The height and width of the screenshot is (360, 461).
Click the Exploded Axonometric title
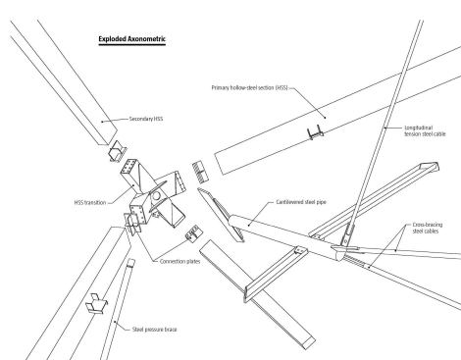pyautogui.click(x=132, y=39)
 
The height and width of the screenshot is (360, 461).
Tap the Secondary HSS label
pyautogui.click(x=146, y=119)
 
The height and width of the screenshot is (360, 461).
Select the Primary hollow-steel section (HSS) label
pyautogui.click(x=250, y=87)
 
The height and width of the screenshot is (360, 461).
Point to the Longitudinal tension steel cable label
pyautogui.click(x=425, y=130)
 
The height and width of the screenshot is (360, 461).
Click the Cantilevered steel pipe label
pyautogui.click(x=301, y=202)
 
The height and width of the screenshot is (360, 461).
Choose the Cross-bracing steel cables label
pyautogui.click(x=428, y=228)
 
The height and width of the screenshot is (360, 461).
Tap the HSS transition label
pyautogui.click(x=90, y=203)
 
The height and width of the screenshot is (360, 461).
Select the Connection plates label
pyautogui.click(x=179, y=262)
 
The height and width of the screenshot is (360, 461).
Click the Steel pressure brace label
pyautogui.click(x=155, y=330)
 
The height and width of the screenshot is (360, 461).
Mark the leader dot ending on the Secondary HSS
pyautogui.click(x=102, y=122)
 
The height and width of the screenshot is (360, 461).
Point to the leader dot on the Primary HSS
pyautogui.click(x=325, y=118)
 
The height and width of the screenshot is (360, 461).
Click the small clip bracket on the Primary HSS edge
pyautogui.click(x=315, y=132)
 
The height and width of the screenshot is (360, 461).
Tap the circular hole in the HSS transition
pyautogui.click(x=157, y=195)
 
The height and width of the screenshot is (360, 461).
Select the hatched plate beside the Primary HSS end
pyautogui.click(x=200, y=172)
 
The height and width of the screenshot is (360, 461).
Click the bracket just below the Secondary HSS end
pyautogui.click(x=118, y=151)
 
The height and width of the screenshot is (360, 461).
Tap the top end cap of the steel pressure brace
pyautogui.click(x=130, y=262)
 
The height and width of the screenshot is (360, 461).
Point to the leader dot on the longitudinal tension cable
pyautogui.click(x=385, y=128)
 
